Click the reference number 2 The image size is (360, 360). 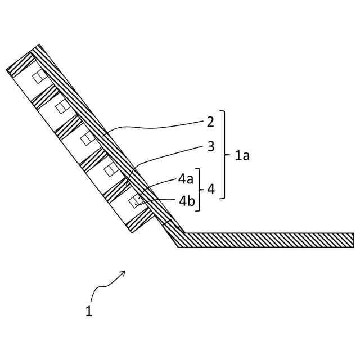coord(210,121)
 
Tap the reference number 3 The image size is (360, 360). coord(210,147)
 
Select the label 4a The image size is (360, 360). coord(186,179)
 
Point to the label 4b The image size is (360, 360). coord(187,200)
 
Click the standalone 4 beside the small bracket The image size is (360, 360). coord(210,190)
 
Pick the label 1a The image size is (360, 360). coord(242,155)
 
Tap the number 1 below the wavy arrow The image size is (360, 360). coord(89,310)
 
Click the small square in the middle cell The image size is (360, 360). coord(87,138)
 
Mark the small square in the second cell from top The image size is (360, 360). coord(62,107)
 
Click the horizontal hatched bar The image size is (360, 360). coord(264,240)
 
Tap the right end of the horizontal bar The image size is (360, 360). coord(352,240)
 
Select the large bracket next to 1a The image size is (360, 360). coord(225,155)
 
